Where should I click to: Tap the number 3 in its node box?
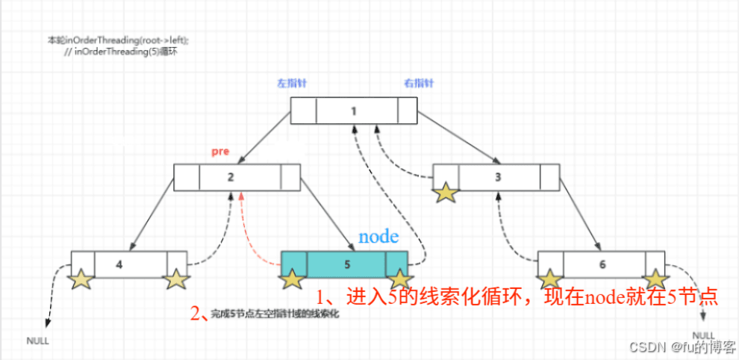coord(499,177)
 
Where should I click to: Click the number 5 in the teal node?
coord(346,264)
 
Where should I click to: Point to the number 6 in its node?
coord(602,264)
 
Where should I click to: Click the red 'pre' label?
coord(219,152)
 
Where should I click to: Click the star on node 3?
coord(446,192)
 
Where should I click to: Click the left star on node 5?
coord(292,280)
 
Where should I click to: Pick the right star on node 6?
coord(655,279)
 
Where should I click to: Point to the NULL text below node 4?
coord(38,341)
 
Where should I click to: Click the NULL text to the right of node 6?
coord(703,335)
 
